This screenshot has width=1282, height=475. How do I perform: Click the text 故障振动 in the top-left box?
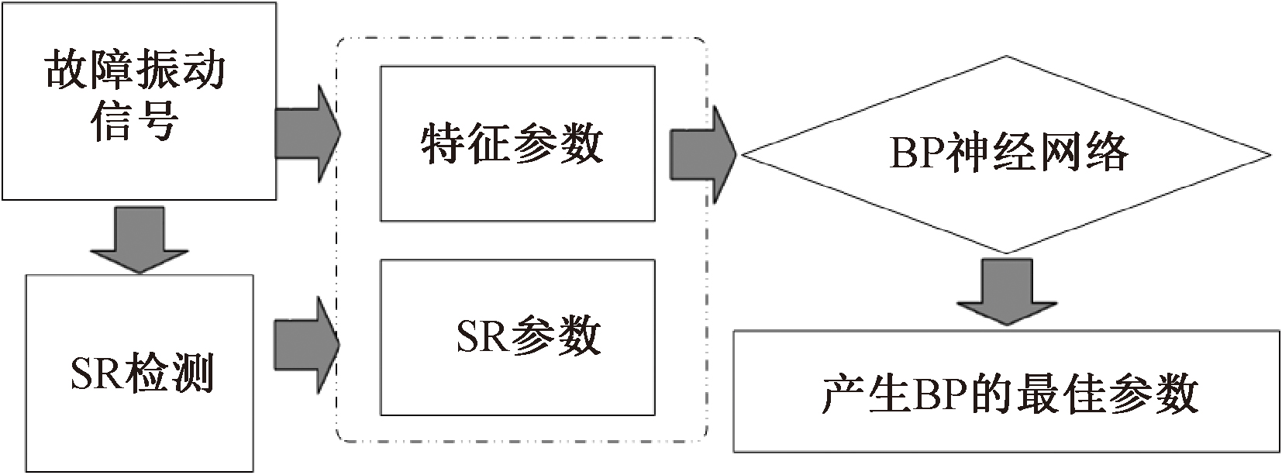point(136,71)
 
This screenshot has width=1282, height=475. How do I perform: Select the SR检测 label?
point(142,374)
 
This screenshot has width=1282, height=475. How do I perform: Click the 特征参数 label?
point(512,144)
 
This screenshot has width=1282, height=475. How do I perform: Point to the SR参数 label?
point(528,336)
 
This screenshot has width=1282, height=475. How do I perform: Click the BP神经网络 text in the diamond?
point(1008,152)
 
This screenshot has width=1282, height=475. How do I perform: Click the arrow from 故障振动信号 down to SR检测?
point(140,238)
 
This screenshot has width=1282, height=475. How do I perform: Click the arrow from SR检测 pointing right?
point(306,344)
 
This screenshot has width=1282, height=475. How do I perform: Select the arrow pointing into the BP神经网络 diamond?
point(702,155)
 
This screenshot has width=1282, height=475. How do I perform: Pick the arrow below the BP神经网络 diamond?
point(1007,291)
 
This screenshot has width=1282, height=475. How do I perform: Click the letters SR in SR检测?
point(95,375)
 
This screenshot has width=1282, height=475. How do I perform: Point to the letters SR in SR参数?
point(481,336)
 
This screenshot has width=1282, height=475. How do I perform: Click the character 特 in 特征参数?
point(443,144)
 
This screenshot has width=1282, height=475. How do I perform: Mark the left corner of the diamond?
point(743,155)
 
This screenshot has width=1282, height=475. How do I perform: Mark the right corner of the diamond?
point(1270,155)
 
